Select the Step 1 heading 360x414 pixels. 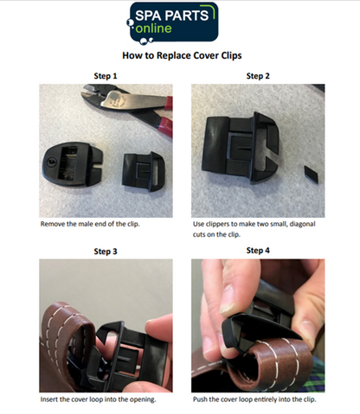tap(105, 76)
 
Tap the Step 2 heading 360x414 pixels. tap(257, 76)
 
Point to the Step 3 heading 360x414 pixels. tap(105, 251)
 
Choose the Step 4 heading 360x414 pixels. tap(257, 250)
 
